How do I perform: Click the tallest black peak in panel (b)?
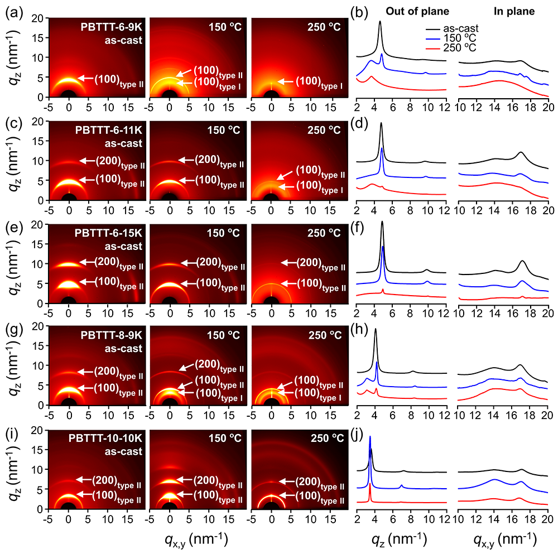380,22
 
